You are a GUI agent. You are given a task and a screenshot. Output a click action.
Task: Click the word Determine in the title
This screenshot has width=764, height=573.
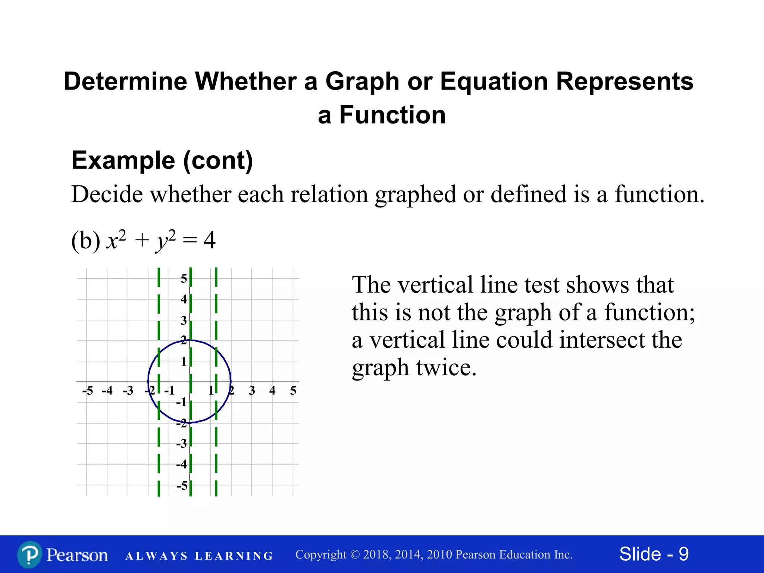tap(125, 81)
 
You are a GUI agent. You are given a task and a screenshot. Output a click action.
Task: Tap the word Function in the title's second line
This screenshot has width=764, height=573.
tap(392, 115)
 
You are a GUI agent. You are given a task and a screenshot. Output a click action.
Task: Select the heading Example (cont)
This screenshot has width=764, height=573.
tap(162, 160)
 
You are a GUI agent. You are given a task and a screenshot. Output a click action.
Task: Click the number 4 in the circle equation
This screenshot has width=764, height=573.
tap(210, 240)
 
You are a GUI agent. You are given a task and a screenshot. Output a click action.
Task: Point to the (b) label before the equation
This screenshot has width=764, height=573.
tap(86, 241)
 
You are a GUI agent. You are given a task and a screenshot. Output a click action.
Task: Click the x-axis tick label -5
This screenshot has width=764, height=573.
tap(87, 391)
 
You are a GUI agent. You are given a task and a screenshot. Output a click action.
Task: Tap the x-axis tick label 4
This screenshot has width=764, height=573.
tap(272, 391)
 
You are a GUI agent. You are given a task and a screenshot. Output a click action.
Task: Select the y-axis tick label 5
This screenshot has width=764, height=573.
tap(184, 278)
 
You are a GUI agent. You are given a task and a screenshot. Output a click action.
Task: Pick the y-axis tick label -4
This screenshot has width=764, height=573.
tap(181, 464)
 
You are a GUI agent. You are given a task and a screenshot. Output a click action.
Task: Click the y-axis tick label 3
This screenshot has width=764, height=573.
tap(184, 320)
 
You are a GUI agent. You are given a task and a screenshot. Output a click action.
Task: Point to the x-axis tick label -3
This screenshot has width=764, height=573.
tap(128, 391)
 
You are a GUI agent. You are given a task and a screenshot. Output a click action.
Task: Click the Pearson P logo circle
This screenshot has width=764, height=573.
tap(29, 555)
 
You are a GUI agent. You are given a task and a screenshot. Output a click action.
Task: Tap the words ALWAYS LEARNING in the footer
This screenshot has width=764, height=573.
tap(199, 556)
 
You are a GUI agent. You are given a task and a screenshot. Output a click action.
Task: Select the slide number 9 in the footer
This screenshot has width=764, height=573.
tap(683, 554)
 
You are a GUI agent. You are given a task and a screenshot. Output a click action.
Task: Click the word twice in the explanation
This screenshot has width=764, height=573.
tap(446, 368)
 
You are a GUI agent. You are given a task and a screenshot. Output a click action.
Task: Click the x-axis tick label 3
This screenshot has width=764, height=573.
tap(252, 391)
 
